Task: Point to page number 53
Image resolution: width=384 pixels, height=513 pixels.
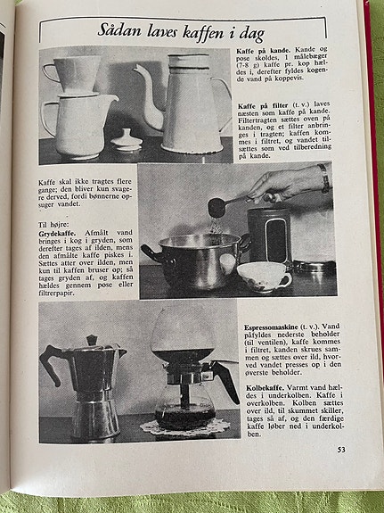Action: pyautogui.click(x=340, y=449)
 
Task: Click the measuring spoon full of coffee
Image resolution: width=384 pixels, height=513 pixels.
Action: pyautogui.click(x=217, y=207)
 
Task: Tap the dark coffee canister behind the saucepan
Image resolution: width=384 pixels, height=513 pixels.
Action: pyautogui.click(x=268, y=232)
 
